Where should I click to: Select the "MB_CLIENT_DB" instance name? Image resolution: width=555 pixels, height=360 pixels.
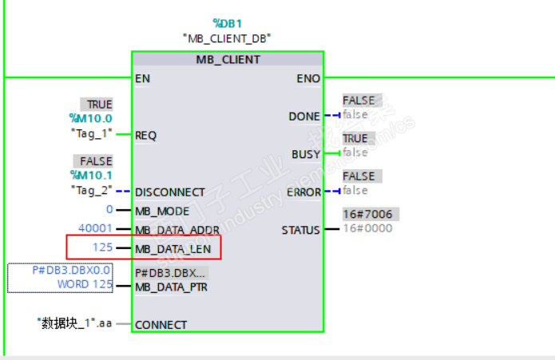228,38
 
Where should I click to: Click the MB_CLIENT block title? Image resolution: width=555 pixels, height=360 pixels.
228,59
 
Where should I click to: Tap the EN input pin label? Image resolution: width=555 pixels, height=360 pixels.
142,78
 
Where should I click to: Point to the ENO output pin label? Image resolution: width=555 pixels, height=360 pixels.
308,78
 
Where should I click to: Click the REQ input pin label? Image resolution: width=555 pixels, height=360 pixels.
145,135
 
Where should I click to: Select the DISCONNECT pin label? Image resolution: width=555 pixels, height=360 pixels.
170,192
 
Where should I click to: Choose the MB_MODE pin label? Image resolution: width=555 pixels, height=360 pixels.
162,211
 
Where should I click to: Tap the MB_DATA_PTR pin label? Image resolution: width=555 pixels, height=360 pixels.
171,287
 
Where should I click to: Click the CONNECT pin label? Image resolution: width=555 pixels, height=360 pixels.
161,325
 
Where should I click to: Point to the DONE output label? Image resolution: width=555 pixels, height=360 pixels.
304,117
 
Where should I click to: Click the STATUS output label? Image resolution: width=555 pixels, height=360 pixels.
301,230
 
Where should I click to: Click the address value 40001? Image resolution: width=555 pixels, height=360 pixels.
95,227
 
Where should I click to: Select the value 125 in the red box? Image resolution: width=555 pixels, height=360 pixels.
101,247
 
